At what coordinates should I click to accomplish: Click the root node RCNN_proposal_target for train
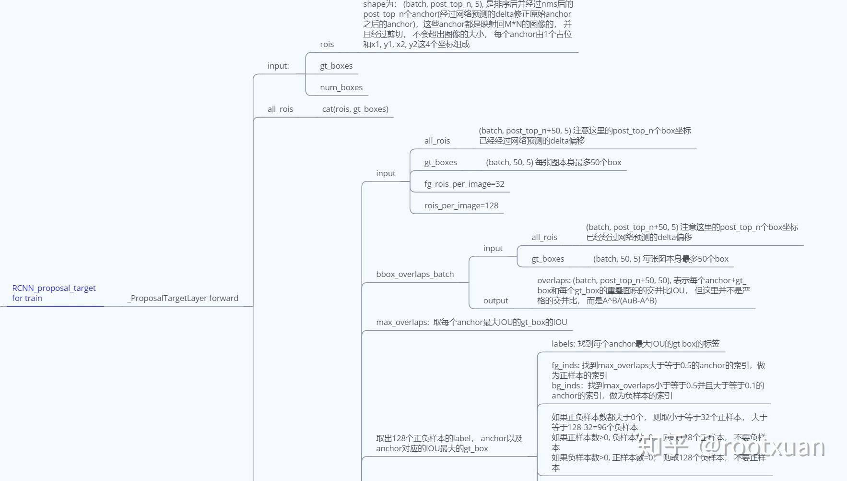54,293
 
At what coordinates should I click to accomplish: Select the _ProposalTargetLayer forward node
183,298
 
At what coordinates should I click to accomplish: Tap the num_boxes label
341,87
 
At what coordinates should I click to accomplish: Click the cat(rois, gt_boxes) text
355,109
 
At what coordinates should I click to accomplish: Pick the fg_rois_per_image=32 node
464,184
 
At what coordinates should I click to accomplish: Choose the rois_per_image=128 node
461,205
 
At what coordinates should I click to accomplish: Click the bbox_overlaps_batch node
414,274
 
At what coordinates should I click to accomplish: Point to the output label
495,301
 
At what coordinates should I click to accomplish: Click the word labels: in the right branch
563,344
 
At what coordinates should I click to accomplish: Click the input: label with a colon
278,66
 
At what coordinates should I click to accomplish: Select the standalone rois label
327,44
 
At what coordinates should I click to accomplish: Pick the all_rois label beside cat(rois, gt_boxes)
280,109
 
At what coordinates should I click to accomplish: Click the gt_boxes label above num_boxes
336,66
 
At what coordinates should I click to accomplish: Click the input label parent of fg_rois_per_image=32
386,173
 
